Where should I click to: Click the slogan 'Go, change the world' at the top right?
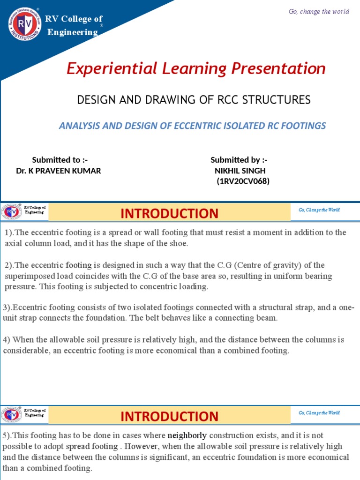319,11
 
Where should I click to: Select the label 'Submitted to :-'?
60,160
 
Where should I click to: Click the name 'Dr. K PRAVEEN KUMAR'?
59,171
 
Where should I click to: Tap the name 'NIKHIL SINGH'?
240,171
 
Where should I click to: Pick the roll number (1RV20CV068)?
243,181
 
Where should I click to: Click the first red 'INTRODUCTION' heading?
169,213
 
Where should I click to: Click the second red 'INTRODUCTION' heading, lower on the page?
169,416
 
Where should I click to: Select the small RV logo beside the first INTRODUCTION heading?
11,212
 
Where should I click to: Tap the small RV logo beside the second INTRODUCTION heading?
11,415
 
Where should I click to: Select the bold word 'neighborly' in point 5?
187,435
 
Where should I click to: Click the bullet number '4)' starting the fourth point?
7,339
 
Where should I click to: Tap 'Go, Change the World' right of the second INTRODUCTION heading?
319,413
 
